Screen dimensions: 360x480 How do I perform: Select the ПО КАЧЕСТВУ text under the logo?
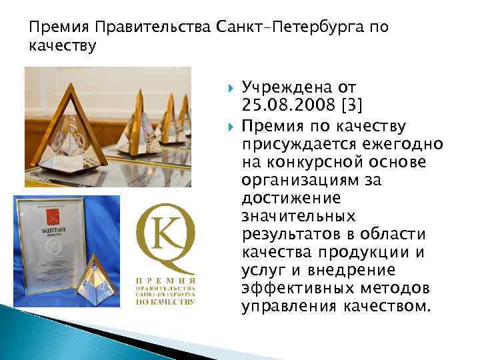(x=165, y=301)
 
